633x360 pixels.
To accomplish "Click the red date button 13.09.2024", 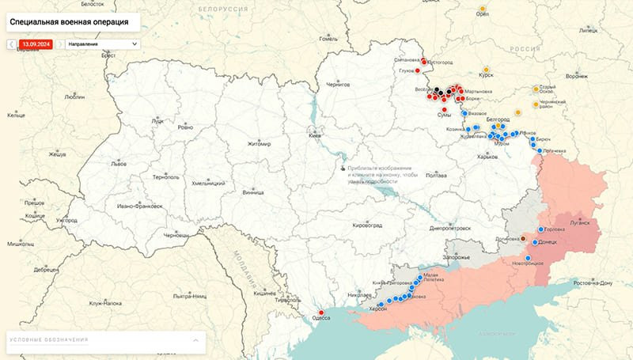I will pos(36,44).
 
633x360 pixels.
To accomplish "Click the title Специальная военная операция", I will pos(70,22).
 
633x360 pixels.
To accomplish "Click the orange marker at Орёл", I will pos(482,13).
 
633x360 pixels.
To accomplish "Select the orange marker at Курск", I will pos(485,68).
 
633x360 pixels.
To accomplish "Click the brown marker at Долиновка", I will pos(523,238).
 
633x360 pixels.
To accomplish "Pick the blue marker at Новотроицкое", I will pos(528,257).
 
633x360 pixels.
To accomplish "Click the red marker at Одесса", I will pos(321,310).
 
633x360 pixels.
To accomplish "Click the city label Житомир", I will pos(259,144).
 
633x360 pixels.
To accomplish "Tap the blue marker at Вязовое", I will pos(464,113).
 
